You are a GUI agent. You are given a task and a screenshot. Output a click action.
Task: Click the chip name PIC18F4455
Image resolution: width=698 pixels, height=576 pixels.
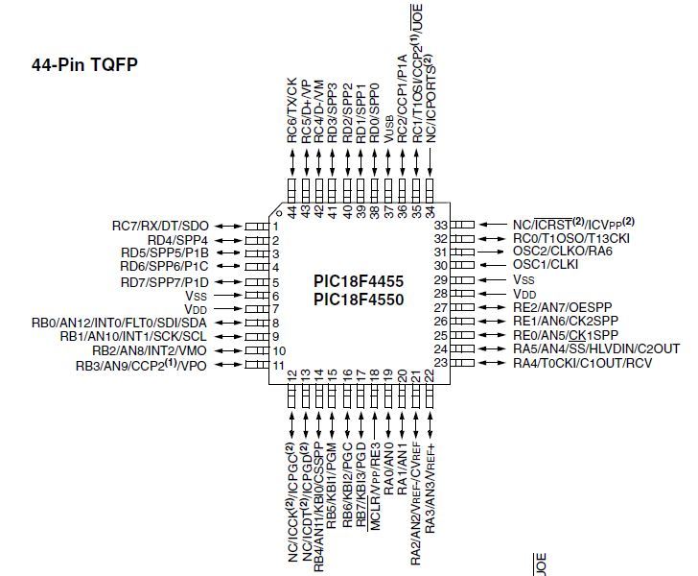[x=358, y=282]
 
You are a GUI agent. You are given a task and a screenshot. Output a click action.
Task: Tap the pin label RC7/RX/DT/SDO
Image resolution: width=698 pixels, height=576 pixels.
[x=160, y=226]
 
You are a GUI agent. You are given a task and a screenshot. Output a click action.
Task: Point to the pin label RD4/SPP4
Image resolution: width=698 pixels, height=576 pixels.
[x=179, y=240]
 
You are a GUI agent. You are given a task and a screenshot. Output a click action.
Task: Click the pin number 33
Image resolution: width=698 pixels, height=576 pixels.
[x=442, y=225]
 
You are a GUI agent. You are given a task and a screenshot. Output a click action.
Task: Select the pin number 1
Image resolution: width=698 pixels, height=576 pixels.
[x=275, y=227]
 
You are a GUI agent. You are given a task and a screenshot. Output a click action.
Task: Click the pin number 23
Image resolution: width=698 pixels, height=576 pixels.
[x=442, y=364]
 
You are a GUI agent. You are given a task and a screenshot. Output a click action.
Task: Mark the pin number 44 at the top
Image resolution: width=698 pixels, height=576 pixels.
[x=292, y=208]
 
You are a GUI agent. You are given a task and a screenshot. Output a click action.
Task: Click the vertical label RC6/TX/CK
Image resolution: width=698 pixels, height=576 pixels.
[x=292, y=108]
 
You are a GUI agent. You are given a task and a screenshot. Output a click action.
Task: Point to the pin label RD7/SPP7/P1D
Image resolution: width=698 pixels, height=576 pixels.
[x=165, y=281]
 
